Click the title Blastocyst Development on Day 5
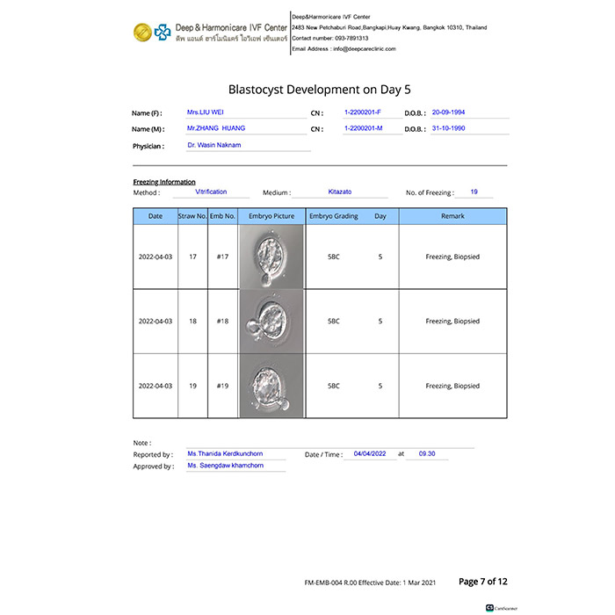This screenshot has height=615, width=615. (x=319, y=89)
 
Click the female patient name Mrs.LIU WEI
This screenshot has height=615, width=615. (x=206, y=113)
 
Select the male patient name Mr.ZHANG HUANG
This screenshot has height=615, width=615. (x=216, y=128)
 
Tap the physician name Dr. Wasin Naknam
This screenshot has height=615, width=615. (x=213, y=144)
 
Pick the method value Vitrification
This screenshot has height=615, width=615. (x=211, y=192)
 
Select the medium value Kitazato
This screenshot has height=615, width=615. (x=339, y=192)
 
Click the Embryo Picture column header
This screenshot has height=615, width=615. (x=271, y=216)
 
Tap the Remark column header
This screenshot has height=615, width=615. (x=452, y=216)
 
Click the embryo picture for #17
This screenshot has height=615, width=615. (x=271, y=257)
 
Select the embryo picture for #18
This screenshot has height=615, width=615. (x=271, y=321)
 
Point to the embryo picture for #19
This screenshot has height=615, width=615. (x=271, y=385)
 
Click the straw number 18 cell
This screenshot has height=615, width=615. (x=192, y=322)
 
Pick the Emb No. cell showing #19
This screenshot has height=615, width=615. (x=222, y=386)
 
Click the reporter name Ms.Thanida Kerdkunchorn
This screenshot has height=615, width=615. (x=224, y=454)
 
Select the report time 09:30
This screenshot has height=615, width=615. (x=427, y=454)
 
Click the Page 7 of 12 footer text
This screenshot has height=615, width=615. (x=483, y=582)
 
